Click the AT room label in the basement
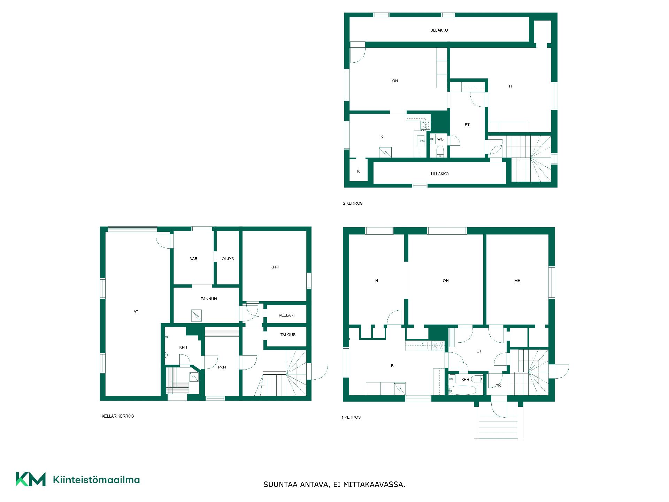[x=136, y=312]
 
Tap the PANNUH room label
[x=209, y=299]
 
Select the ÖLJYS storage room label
[x=228, y=259]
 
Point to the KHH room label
[x=275, y=267]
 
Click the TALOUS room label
[x=288, y=335]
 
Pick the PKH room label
[x=222, y=367]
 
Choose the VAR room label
[x=194, y=259]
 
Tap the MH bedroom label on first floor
[x=517, y=281]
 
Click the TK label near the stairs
[x=498, y=386]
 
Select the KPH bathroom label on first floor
[x=465, y=379]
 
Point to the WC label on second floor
[x=440, y=139]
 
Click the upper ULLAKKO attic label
[x=439, y=30]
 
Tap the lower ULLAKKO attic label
[x=440, y=174]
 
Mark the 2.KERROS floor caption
[x=353, y=203]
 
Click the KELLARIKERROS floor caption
[x=118, y=416]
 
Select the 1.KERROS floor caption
[x=351, y=417]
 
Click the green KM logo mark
[x=31, y=479]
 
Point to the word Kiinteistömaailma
[x=96, y=480]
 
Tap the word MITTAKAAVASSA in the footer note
[x=374, y=485]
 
